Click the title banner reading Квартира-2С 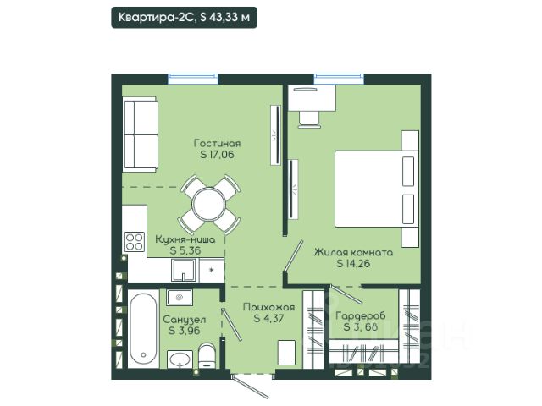[x=184, y=17]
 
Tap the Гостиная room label [x=217, y=143]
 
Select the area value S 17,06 [x=217, y=154]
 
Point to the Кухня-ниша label [x=185, y=239]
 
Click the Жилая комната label [x=353, y=252]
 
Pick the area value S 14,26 [x=353, y=263]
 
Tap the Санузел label [x=185, y=320]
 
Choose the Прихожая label [x=268, y=307]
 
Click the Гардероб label [x=361, y=315]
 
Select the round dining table [x=209, y=205]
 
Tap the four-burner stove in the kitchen [x=135, y=241]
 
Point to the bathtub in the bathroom [x=143, y=330]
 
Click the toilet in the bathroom [x=207, y=355]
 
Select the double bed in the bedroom [x=376, y=189]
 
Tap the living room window [x=193, y=79]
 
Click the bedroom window [x=339, y=79]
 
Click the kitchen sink [x=184, y=271]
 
